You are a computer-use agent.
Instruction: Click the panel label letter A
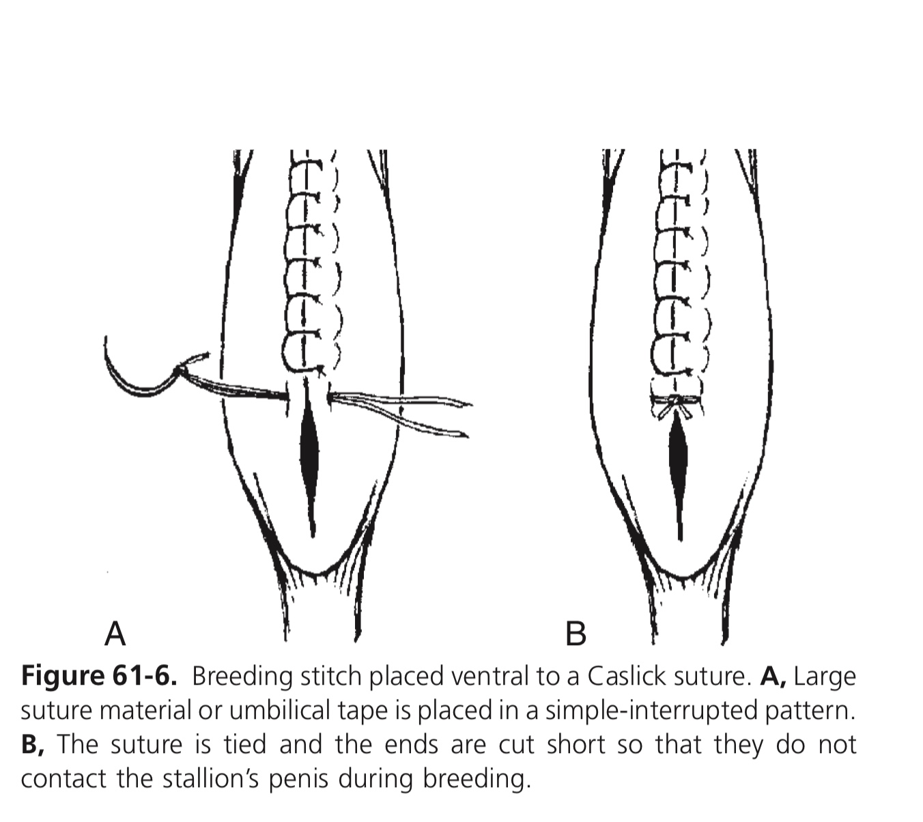coord(115,634)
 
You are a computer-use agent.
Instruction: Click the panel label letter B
coord(576,634)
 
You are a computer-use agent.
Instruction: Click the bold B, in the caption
coord(33,744)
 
